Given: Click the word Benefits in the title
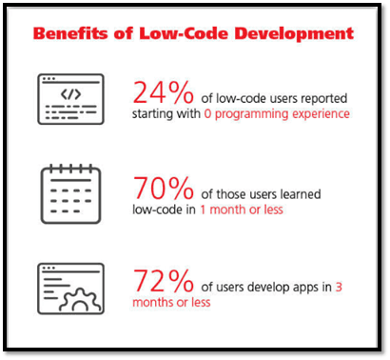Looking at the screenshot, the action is point(70,33).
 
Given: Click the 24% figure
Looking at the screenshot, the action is point(163,92).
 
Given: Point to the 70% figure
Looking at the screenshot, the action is point(163,188).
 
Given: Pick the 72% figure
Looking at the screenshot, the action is point(163,280).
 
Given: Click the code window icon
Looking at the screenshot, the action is point(70,99).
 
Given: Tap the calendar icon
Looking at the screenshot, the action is point(70,194).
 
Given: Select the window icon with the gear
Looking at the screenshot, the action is point(70,289).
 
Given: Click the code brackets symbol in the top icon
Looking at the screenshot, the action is point(70,94).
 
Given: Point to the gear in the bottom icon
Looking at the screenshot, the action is point(80,300).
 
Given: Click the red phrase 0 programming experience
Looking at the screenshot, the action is point(277,114).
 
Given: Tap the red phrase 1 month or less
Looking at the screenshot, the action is point(242,210).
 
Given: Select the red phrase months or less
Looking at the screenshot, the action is point(171,302).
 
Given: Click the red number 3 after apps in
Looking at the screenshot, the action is point(339,287).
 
